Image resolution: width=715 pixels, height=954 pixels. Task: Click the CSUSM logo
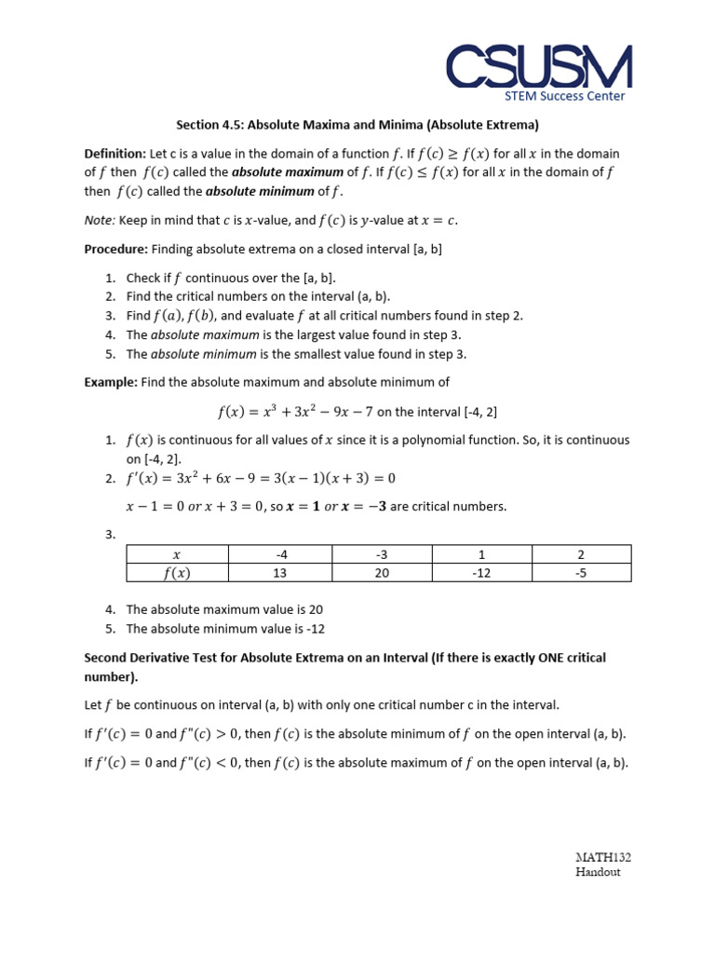click(538, 67)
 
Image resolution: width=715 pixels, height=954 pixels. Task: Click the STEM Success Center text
click(564, 95)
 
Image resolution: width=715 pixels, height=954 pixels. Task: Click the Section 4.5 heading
click(357, 124)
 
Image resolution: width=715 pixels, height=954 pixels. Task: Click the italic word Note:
click(100, 220)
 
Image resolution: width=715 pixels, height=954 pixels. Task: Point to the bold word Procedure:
click(116, 249)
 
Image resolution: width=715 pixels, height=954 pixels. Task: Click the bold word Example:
click(111, 382)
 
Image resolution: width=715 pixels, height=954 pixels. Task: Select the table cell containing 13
click(279, 573)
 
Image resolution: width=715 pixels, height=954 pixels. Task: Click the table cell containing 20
click(381, 573)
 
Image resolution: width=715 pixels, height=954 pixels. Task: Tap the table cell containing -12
click(480, 573)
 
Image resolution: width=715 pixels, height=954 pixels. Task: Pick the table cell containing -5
click(581, 573)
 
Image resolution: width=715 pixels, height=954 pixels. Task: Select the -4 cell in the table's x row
click(279, 554)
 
